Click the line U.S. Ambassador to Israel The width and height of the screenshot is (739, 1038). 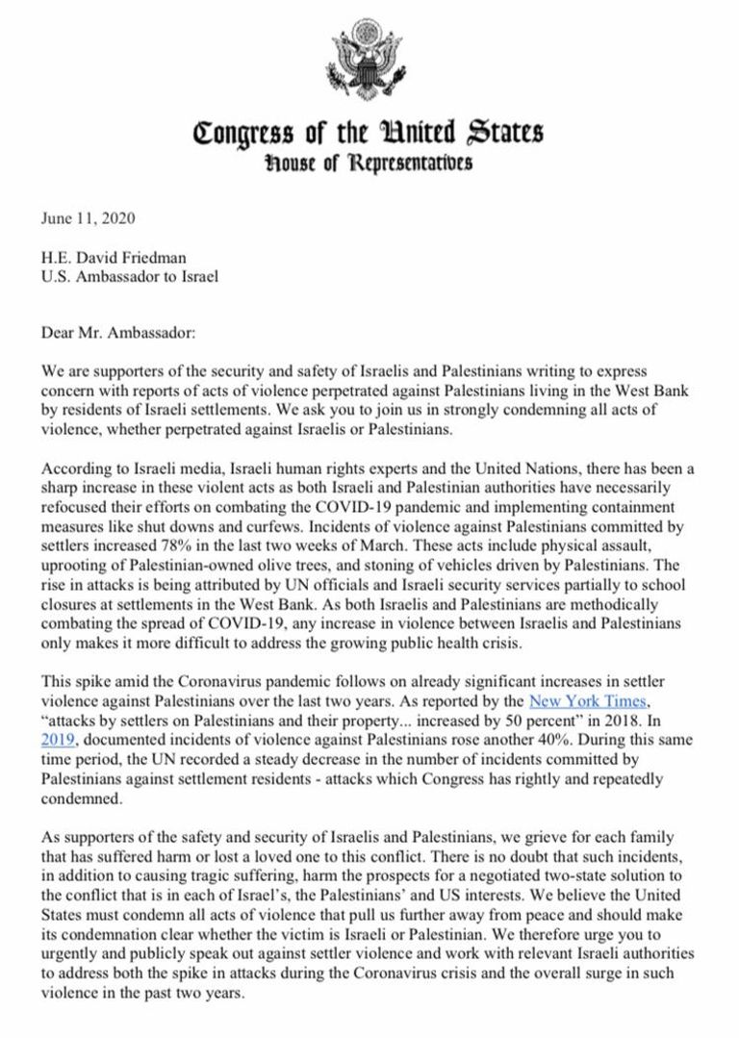(x=130, y=277)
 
